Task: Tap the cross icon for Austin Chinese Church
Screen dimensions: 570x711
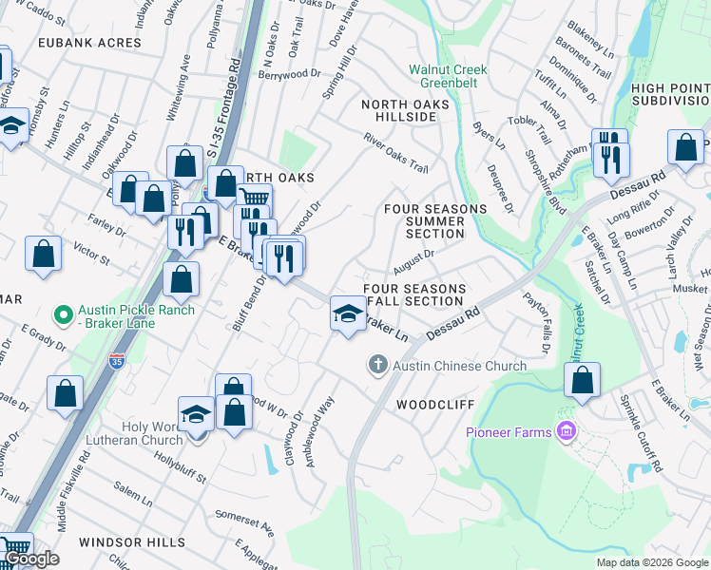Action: pyautogui.click(x=377, y=365)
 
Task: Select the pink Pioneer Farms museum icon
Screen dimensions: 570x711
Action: pyautogui.click(x=567, y=432)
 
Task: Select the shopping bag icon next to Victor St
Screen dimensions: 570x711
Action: pyautogui.click(x=44, y=255)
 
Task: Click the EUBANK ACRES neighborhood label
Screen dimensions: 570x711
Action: pyautogui.click(x=90, y=43)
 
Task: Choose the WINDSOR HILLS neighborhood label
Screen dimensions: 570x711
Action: pyautogui.click(x=132, y=541)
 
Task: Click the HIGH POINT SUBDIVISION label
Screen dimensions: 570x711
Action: pyautogui.click(x=670, y=94)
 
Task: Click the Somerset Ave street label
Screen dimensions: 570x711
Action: pyautogui.click(x=244, y=521)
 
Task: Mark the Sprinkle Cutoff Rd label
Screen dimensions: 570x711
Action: pyautogui.click(x=638, y=433)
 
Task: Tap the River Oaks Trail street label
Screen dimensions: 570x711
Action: pyautogui.click(x=395, y=153)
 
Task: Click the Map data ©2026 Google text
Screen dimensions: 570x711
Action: pyautogui.click(x=651, y=562)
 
